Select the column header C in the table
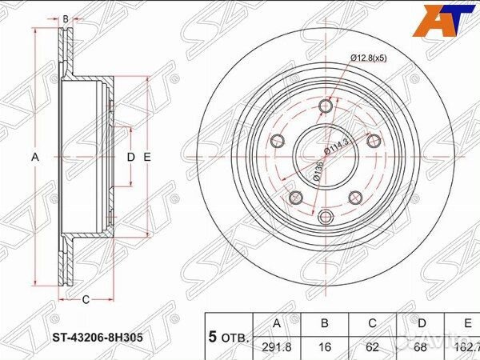[372, 324]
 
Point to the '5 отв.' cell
[229, 336]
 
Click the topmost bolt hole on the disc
[325, 107]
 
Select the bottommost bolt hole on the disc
[325, 216]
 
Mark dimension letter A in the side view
[35, 158]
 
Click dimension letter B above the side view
[66, 16]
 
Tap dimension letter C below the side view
[84, 300]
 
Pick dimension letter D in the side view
[130, 158]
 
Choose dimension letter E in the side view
[147, 158]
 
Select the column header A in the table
[278, 324]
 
